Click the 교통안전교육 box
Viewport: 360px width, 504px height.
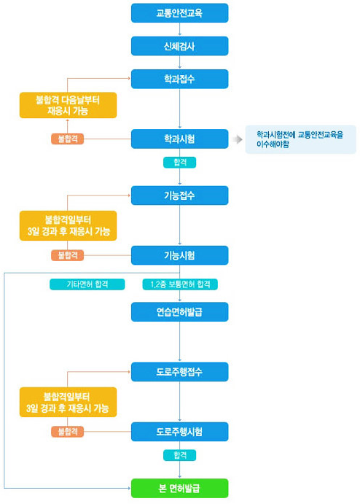point(179,13)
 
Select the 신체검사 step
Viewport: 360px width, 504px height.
point(179,46)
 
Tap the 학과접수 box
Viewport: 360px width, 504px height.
point(179,79)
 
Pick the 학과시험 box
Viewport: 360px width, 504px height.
point(179,139)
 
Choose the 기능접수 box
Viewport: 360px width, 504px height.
point(179,195)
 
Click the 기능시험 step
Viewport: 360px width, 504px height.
point(179,255)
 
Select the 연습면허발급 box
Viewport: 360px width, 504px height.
point(179,311)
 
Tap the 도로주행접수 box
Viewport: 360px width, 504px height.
point(179,371)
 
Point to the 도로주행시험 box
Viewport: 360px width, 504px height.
point(179,431)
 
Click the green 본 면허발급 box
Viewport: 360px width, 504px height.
point(179,488)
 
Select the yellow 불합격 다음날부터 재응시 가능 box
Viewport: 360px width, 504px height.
point(68,105)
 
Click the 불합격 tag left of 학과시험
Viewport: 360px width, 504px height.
point(68,139)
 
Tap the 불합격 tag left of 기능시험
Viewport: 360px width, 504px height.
point(68,255)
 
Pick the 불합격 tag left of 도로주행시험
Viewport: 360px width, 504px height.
point(68,431)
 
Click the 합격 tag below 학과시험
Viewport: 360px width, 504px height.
point(179,163)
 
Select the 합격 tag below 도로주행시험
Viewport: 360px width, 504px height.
point(179,455)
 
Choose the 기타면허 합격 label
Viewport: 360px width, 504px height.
point(87,284)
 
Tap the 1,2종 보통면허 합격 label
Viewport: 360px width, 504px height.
point(180,284)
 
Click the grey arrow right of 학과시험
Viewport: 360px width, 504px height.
point(238,139)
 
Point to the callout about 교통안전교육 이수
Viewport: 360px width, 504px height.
point(300,139)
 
